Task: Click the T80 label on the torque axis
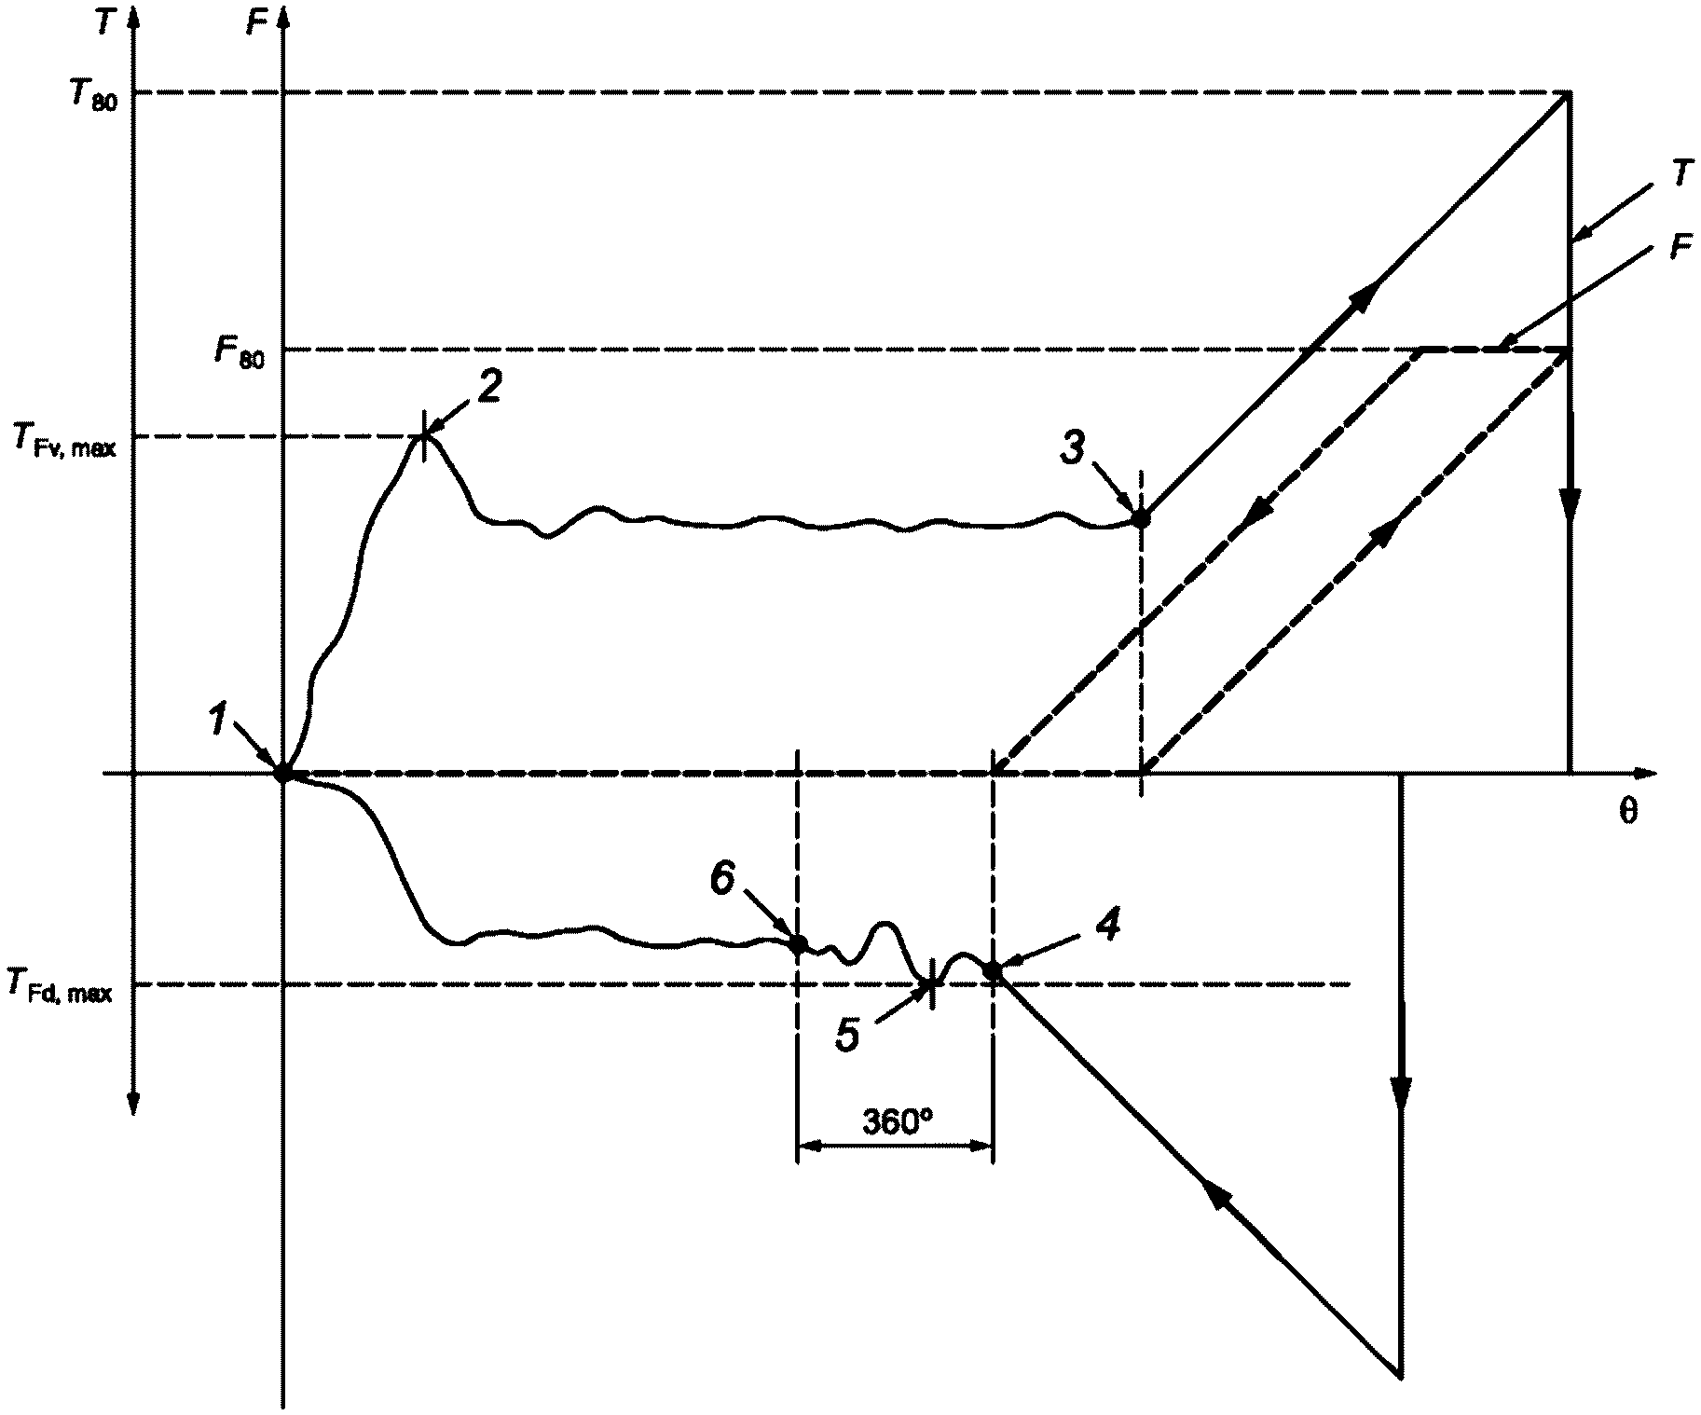coord(91,96)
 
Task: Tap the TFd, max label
coord(60,986)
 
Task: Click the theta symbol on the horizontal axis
coord(1626,812)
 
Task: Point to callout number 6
coord(723,879)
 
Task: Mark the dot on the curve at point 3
coord(1140,518)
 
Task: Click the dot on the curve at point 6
coord(798,943)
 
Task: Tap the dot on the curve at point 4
coord(993,971)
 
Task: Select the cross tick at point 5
coord(930,984)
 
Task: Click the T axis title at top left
coord(107,22)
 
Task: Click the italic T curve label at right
coord(1680,174)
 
